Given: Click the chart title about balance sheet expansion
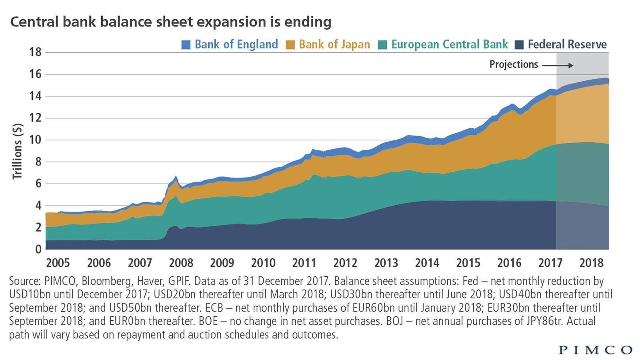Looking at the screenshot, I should (171, 22).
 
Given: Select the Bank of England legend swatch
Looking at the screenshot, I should (186, 44).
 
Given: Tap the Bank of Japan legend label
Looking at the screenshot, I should (334, 44).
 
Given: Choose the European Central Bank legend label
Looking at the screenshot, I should (450, 44).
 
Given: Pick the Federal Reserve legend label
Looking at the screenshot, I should (567, 44).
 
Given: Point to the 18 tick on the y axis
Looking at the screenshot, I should (35, 52).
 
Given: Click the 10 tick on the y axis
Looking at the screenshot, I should (35, 140).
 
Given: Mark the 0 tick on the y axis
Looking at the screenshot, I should (38, 249).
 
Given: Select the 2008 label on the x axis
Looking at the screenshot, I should (181, 263).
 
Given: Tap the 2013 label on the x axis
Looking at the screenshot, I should (386, 263).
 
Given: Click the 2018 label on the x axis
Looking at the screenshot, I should (591, 263).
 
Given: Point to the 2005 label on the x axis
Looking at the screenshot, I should (58, 263).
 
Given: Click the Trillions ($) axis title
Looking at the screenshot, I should (17, 151).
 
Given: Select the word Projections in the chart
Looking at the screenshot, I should (514, 64).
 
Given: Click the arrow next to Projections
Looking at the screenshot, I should (558, 65).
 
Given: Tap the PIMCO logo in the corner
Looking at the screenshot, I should (595, 350).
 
